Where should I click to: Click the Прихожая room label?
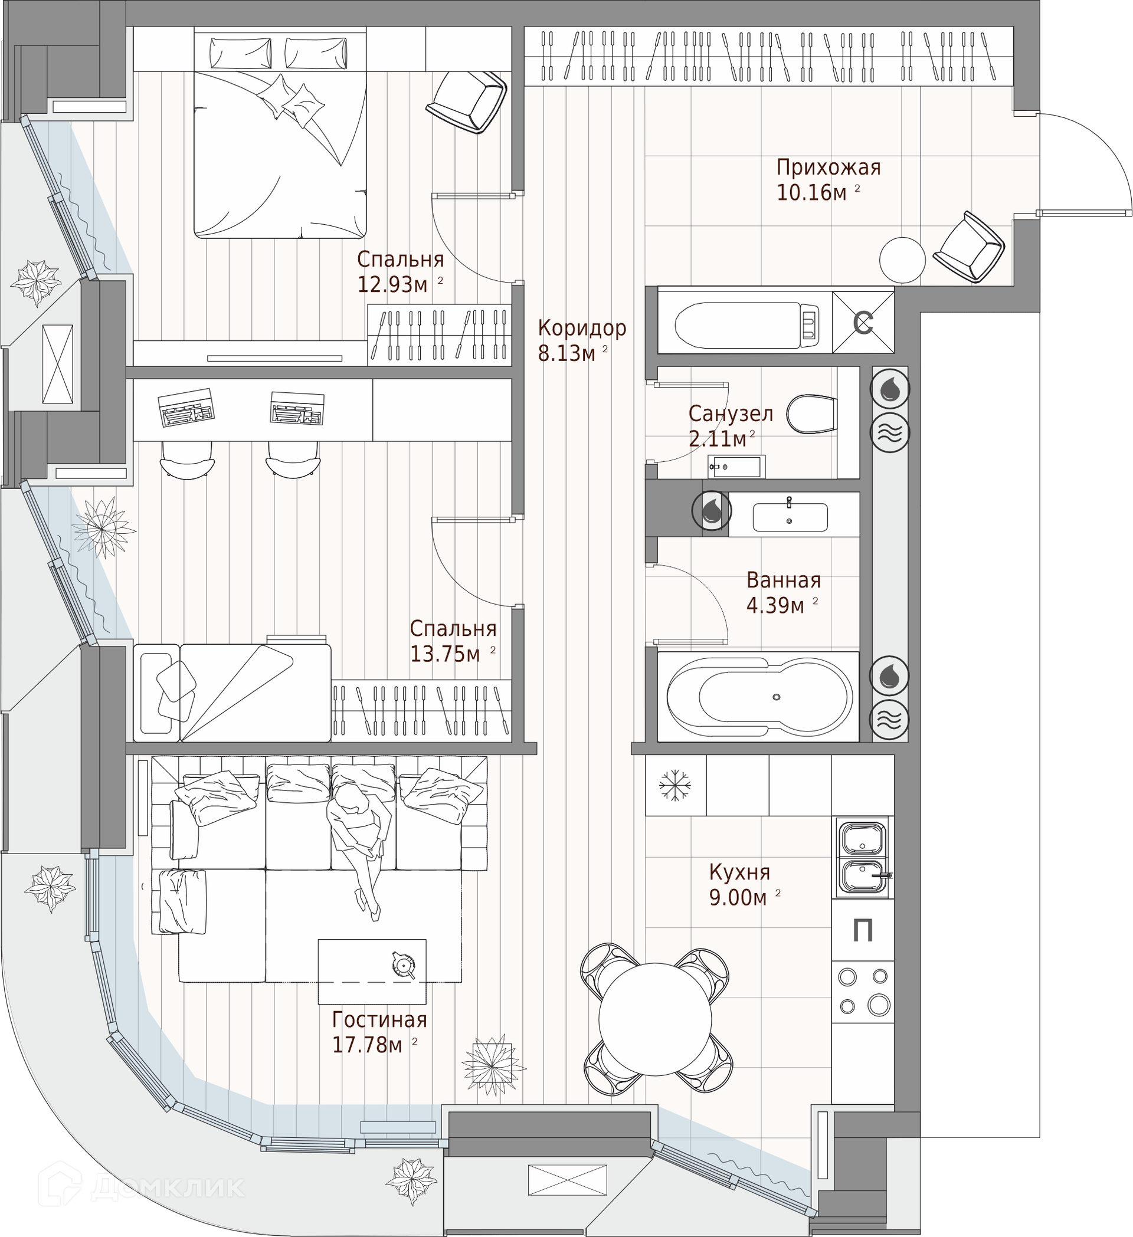[829, 167]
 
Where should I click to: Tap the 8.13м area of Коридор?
[566, 353]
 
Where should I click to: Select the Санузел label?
[731, 414]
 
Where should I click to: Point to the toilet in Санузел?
[811, 414]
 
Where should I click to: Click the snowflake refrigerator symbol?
[674, 785]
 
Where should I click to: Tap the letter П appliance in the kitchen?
[863, 931]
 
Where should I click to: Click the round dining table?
[655, 1019]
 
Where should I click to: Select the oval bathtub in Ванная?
[760, 697]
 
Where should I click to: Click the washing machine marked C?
[863, 323]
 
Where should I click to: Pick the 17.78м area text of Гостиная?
[367, 1044]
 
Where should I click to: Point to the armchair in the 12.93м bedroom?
[466, 101]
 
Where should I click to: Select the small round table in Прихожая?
[902, 260]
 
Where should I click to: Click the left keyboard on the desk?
[186, 407]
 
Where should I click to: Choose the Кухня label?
[739, 872]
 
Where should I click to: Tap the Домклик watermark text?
[167, 1186]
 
